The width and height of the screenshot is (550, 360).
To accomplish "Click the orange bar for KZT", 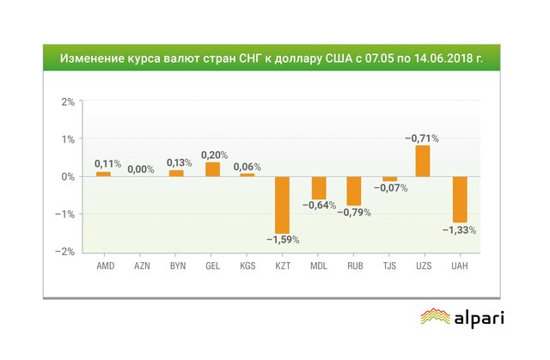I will tap(283, 204).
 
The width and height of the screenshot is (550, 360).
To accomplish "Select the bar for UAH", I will tap(460, 199).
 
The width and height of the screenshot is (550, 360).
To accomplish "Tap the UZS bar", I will tap(422, 161).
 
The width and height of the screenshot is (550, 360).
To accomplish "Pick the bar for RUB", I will tap(353, 191).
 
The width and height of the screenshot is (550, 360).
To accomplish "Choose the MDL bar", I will tap(318, 187).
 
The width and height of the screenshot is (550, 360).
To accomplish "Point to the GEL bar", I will tap(212, 169).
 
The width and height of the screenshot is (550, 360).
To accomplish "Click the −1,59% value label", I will tap(282, 240).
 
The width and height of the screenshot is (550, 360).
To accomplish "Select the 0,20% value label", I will tap(213, 155).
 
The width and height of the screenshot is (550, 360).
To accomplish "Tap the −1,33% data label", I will tap(459, 229).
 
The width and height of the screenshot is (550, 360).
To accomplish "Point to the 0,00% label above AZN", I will tap(141, 169).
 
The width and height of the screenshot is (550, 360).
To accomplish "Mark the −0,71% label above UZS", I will tap(423, 137).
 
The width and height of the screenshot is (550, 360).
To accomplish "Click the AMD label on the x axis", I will tap(104, 266).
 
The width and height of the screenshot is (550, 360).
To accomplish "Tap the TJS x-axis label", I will tap(388, 266).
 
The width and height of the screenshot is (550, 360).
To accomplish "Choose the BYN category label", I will tap(176, 266).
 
